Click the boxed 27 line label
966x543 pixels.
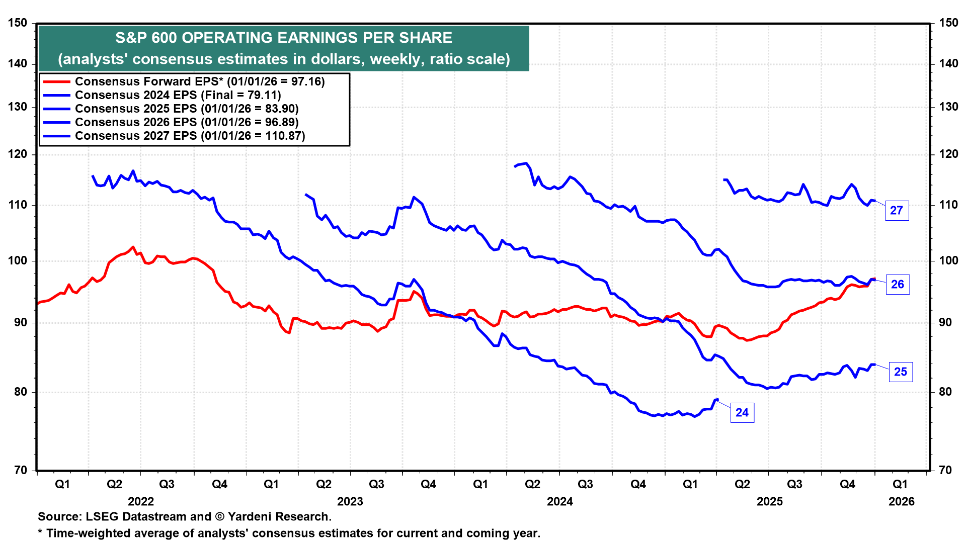click(897, 211)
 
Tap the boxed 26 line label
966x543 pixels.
click(898, 285)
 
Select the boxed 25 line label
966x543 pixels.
click(900, 372)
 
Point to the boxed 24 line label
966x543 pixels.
click(742, 413)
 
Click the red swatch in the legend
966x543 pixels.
click(56, 81)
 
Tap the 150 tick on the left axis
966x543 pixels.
click(18, 23)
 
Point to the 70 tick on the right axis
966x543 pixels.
click(945, 471)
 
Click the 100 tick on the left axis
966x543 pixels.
click(18, 261)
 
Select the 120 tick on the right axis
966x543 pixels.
click(948, 154)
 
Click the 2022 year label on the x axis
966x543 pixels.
click(141, 501)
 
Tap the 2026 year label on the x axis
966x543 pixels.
click(902, 501)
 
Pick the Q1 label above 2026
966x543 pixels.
click(900, 484)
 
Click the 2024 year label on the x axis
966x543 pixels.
click(560, 501)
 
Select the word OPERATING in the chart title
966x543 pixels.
click(224, 38)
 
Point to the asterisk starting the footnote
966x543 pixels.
click(40, 532)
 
